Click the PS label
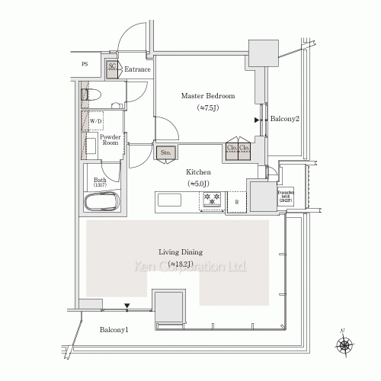click(85, 65)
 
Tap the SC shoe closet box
click(111, 68)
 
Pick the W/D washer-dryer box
click(96, 121)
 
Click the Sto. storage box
click(165, 152)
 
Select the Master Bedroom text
click(207, 97)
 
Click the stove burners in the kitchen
click(211, 200)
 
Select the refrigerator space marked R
click(236, 201)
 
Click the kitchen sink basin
click(169, 200)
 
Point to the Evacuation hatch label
click(286, 196)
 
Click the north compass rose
click(344, 345)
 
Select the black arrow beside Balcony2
click(257, 120)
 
